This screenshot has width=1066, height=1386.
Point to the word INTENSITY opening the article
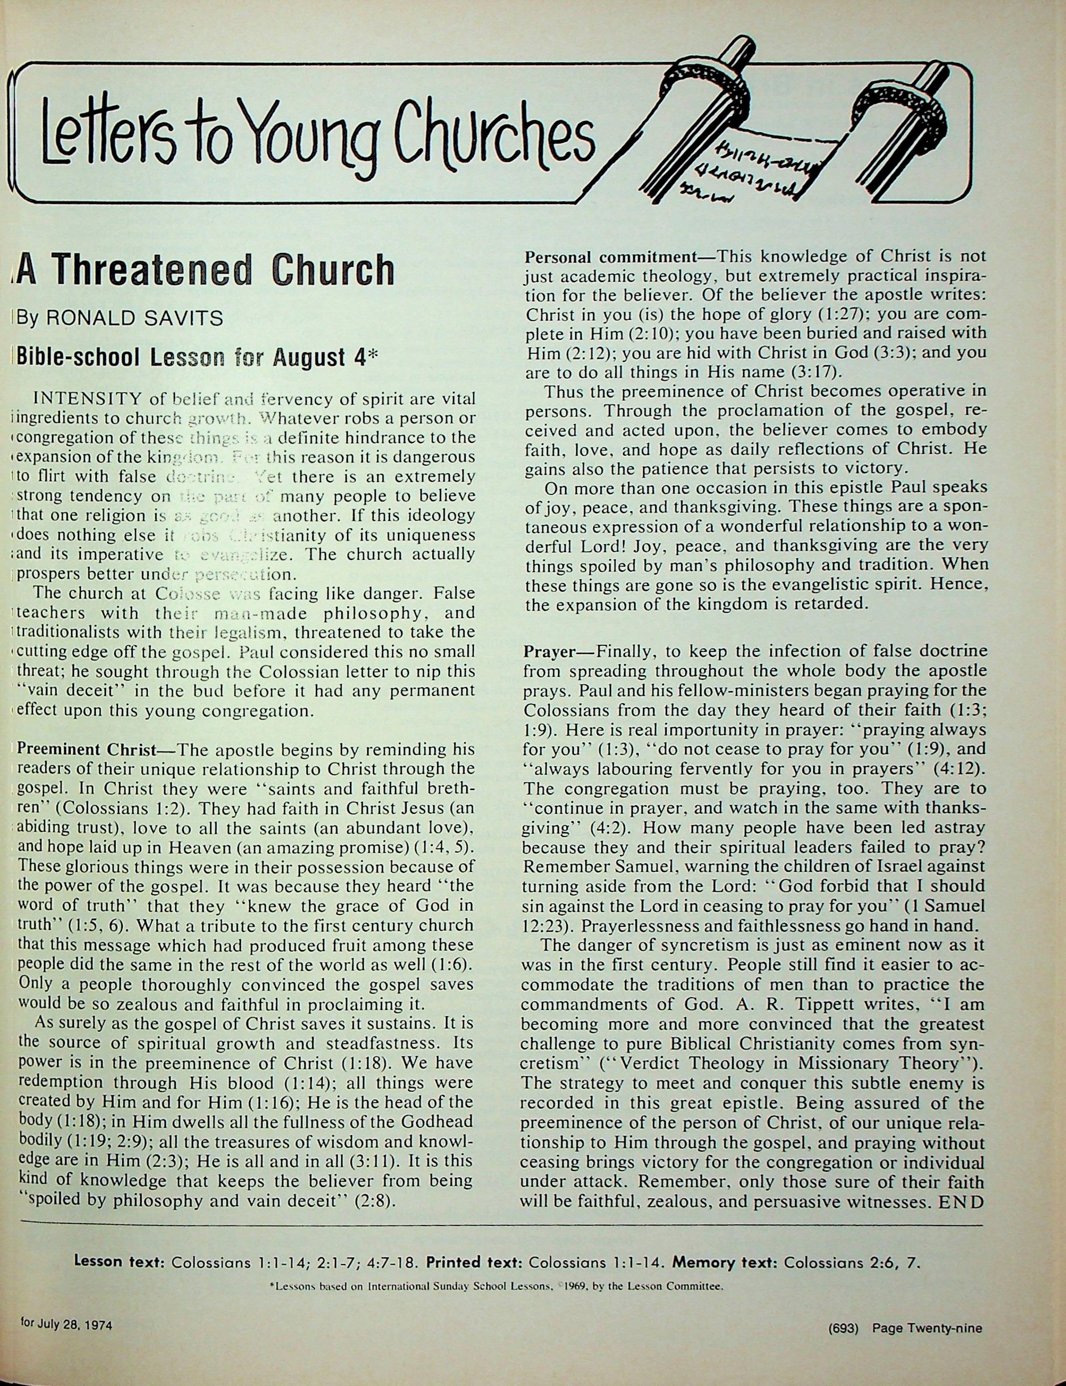point(88,399)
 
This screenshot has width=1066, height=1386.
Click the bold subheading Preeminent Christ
point(86,750)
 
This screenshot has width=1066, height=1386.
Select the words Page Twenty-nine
point(927,1327)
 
